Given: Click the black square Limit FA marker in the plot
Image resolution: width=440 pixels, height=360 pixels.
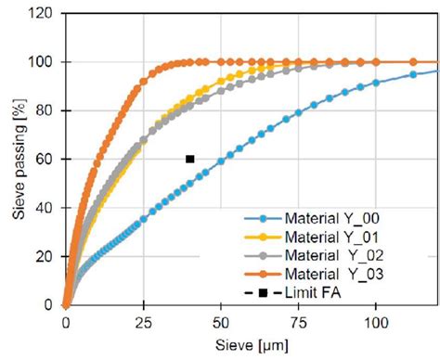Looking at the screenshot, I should tap(189, 159).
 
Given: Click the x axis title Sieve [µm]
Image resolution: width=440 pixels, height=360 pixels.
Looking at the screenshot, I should tap(251, 344).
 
